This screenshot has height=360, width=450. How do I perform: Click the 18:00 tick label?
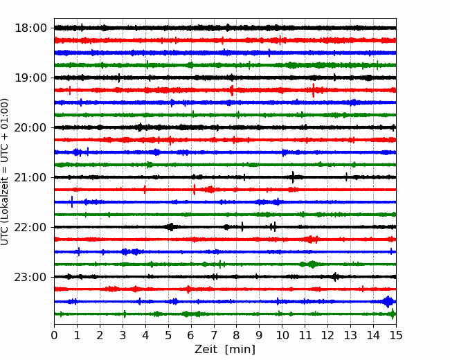click(x=30, y=28)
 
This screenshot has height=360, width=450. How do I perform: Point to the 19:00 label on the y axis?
click(x=30, y=78)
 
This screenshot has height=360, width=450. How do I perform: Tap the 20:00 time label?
click(x=30, y=127)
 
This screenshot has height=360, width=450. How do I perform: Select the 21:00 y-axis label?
click(x=30, y=177)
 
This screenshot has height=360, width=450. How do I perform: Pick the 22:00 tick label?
click(x=30, y=227)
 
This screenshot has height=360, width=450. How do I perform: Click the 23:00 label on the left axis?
click(x=30, y=277)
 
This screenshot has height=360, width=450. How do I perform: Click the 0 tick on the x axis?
click(x=54, y=335)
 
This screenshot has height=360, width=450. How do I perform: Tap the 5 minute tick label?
click(x=168, y=335)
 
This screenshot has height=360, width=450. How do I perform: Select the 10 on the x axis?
click(x=282, y=335)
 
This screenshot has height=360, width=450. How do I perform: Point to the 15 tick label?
click(x=396, y=335)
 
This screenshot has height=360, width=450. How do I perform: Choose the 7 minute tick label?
click(x=214, y=335)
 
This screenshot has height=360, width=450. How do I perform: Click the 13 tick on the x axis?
click(x=350, y=335)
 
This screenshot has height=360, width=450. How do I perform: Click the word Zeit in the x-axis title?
click(x=207, y=350)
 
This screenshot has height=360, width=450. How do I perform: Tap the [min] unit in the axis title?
click(x=240, y=350)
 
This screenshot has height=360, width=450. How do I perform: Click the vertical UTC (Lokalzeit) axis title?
click(x=5, y=172)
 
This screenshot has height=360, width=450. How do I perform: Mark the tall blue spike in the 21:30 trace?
click(x=72, y=201)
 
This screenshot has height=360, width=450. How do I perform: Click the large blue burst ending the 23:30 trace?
click(x=388, y=302)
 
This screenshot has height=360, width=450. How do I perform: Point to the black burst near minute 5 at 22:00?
click(x=170, y=227)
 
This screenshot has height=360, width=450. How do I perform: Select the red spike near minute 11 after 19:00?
click(x=313, y=91)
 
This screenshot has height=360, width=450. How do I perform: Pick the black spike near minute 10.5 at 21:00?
click(x=293, y=177)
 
